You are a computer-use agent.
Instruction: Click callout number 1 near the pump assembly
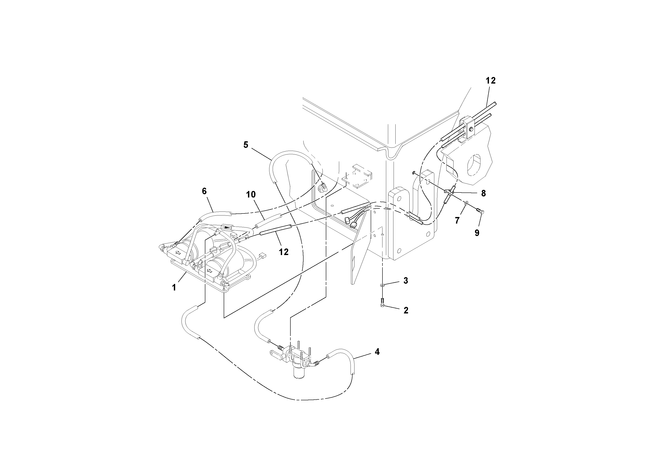(x=174, y=288)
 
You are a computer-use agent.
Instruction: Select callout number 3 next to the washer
(x=406, y=281)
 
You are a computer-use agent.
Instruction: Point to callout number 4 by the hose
(x=377, y=352)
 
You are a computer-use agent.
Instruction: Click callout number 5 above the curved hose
(x=246, y=145)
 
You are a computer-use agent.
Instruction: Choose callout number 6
(x=204, y=191)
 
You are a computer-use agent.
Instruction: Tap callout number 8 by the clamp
(x=483, y=193)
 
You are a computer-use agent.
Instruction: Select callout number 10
(x=251, y=194)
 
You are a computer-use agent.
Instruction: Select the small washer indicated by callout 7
(x=466, y=203)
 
